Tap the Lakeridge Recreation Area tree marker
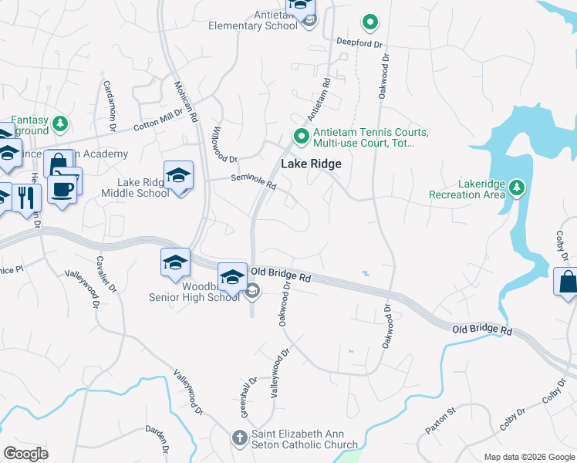click(517, 187)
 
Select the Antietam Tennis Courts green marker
click(301, 137)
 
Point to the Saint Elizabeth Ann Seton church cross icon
click(240, 438)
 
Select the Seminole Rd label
click(255, 181)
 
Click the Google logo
click(25, 454)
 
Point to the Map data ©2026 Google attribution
click(528, 457)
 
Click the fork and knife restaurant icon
click(25, 198)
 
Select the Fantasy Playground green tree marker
click(60, 123)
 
